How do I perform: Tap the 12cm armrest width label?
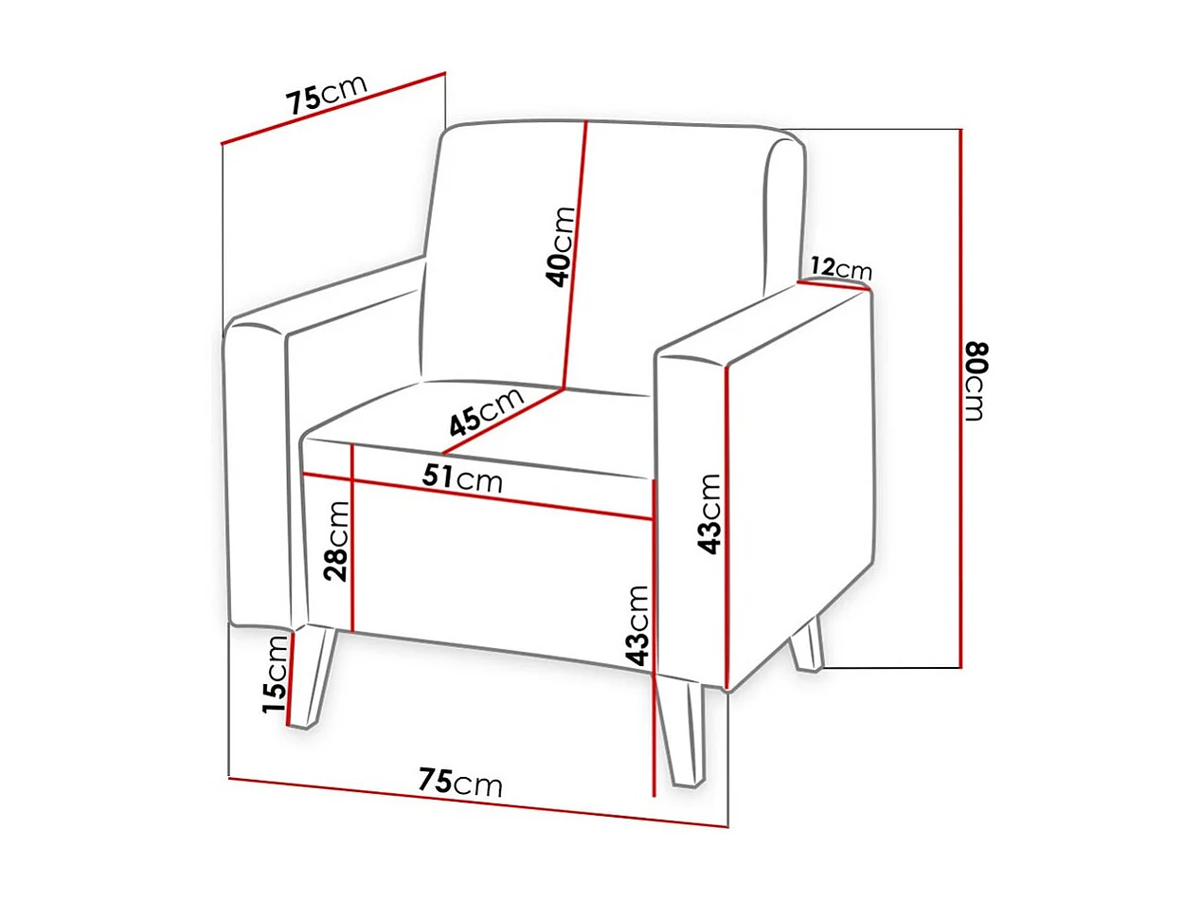point(840,269)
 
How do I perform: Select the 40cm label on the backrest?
point(561,247)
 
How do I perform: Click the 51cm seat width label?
point(462,479)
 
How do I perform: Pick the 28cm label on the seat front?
point(335,541)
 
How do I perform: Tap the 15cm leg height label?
point(275,675)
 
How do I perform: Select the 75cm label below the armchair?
point(460,783)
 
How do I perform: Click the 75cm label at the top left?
point(327,94)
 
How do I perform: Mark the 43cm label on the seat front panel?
point(638,625)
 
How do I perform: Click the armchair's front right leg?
point(687,734)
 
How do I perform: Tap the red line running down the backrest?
point(577,256)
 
